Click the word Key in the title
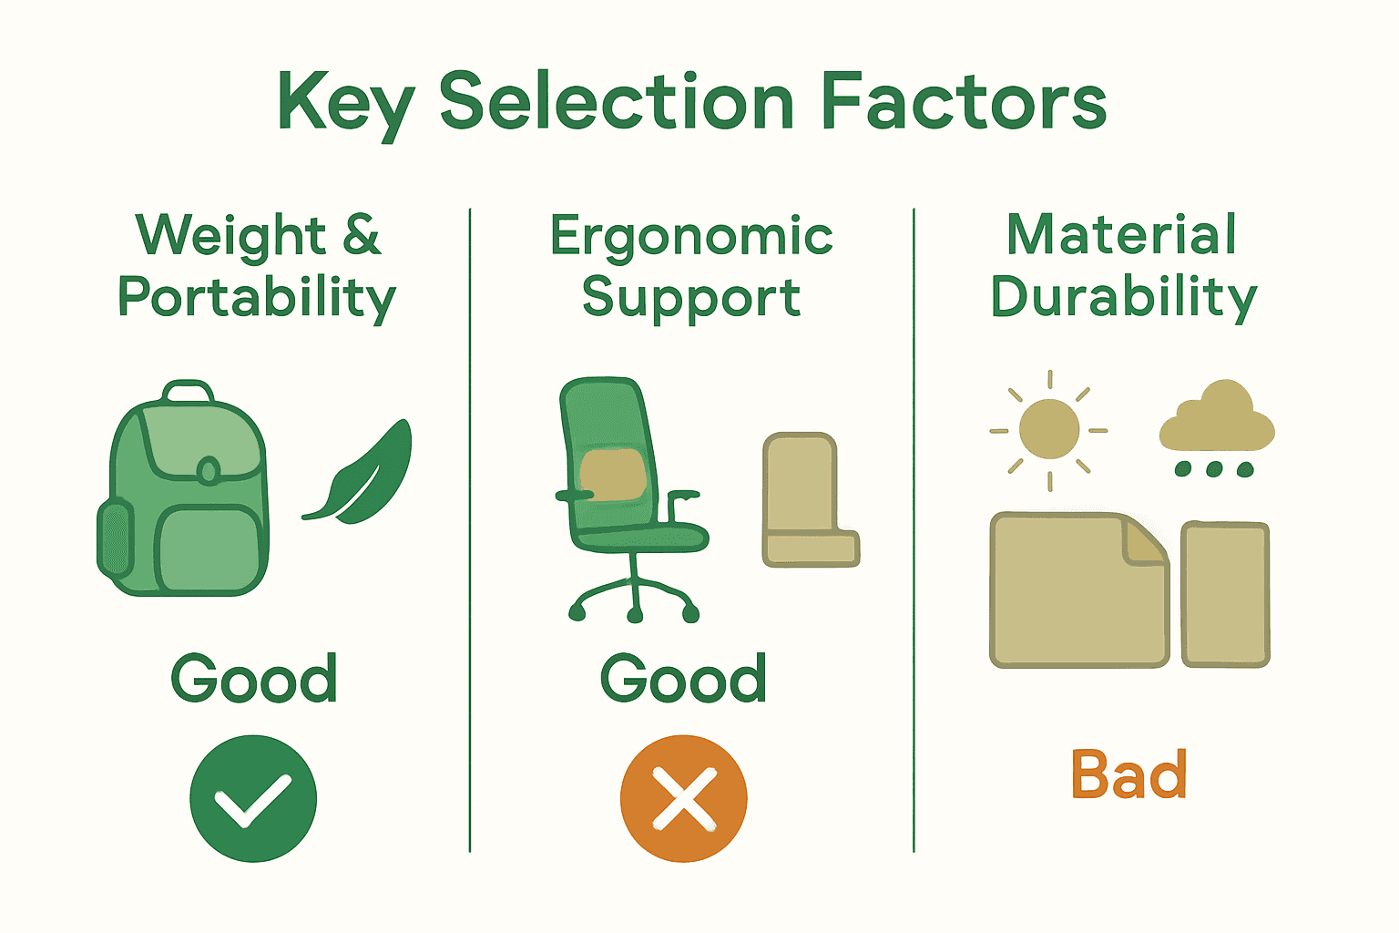tap(343, 103)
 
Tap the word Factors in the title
tap(963, 101)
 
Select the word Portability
tap(257, 298)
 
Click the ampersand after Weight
tap(362, 234)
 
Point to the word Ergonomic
tap(691, 237)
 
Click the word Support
tap(691, 298)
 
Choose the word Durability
tap(1124, 298)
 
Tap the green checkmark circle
tap(253, 798)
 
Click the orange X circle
tap(684, 798)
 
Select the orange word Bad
tap(1128, 775)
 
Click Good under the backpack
tap(254, 679)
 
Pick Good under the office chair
tap(683, 679)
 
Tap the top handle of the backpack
tap(189, 392)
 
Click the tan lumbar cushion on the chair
tap(612, 475)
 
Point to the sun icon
tap(1049, 429)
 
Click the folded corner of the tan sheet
tap(1145, 539)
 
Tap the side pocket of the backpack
tap(116, 538)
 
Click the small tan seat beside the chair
tap(808, 501)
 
